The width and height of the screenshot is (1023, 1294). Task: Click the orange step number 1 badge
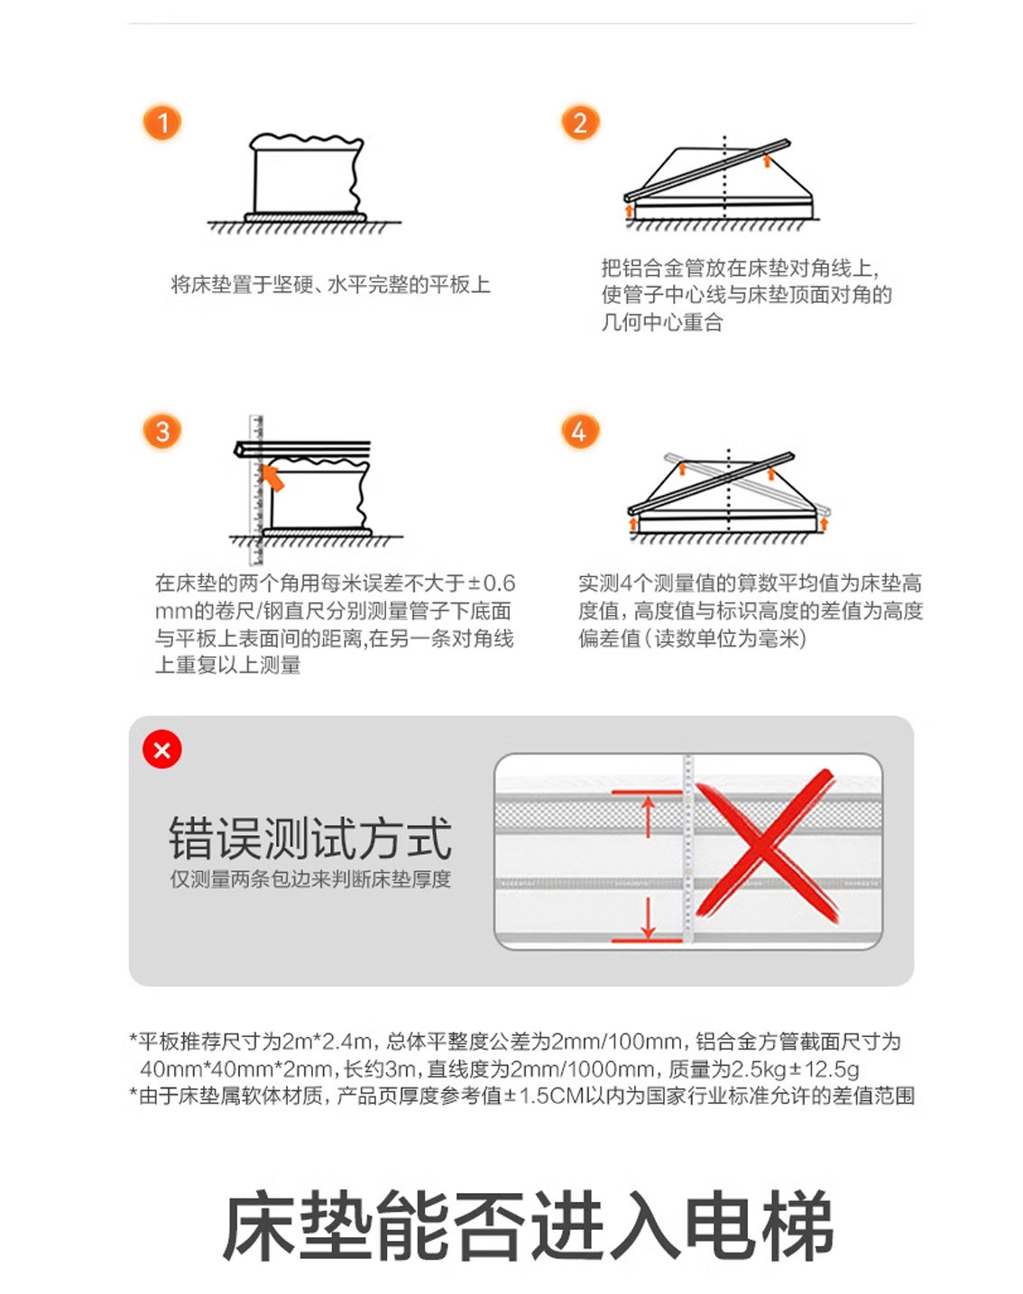pyautogui.click(x=161, y=123)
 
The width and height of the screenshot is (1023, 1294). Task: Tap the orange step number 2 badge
pyautogui.click(x=579, y=123)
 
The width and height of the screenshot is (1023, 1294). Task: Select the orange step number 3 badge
pyautogui.click(x=161, y=431)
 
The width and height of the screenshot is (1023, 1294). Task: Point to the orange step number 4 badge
pyautogui.click(x=579, y=431)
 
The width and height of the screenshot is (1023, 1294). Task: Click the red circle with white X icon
pyautogui.click(x=161, y=750)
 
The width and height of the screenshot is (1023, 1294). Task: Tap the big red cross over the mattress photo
pyautogui.click(x=766, y=846)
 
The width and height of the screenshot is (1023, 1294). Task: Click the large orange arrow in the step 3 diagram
pyautogui.click(x=272, y=477)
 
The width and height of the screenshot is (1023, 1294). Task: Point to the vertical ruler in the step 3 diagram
pyautogui.click(x=256, y=490)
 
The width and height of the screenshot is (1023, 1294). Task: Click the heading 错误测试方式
pyautogui.click(x=310, y=839)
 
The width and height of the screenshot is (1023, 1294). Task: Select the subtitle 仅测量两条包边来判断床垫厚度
pyautogui.click(x=310, y=879)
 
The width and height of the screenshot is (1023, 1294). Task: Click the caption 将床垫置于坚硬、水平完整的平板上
pyautogui.click(x=330, y=284)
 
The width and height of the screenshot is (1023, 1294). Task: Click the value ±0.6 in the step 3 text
pyautogui.click(x=492, y=583)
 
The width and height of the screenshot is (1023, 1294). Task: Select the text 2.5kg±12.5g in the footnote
pyautogui.click(x=796, y=1069)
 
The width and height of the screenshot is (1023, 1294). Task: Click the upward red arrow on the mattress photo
pyautogui.click(x=648, y=817)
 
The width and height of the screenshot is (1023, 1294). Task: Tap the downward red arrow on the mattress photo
pyautogui.click(x=648, y=916)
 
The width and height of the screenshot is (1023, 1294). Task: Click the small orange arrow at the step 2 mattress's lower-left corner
pyautogui.click(x=629, y=210)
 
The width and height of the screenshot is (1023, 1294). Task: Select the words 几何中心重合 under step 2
pyautogui.click(x=662, y=323)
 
